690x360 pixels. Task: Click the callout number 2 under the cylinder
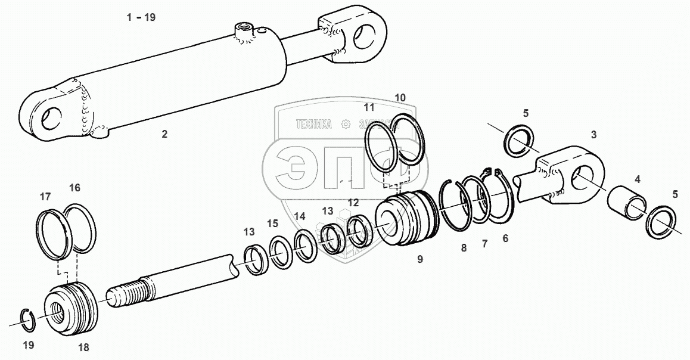pyautogui.click(x=164, y=134)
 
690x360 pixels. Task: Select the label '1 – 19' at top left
pyautogui.click(x=141, y=17)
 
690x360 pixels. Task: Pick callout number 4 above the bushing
pyautogui.click(x=637, y=179)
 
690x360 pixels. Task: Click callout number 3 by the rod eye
pyautogui.click(x=593, y=135)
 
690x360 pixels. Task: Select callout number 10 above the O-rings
pyautogui.click(x=400, y=97)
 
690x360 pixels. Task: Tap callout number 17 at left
pyautogui.click(x=45, y=196)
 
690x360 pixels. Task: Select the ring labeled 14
pyautogui.click(x=306, y=245)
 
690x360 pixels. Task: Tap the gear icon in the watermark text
pyautogui.click(x=344, y=124)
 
